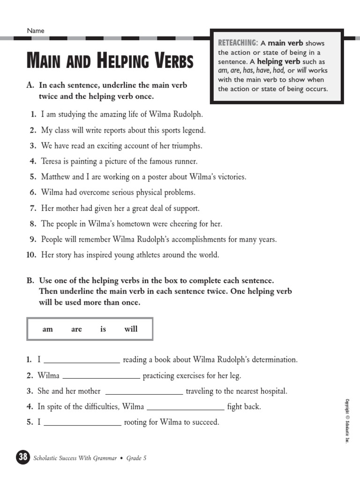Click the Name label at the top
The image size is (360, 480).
coord(36,30)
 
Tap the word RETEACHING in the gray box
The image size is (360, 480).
coord(238,43)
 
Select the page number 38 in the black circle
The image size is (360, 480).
coord(22,457)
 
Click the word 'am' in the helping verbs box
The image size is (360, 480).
coord(47,329)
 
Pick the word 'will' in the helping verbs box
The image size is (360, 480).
coord(131,329)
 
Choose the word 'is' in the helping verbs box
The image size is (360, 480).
coord(103,329)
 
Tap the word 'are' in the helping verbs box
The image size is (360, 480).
coord(76,329)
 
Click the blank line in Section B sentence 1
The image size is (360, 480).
coord(82,362)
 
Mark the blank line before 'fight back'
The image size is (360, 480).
coord(186,409)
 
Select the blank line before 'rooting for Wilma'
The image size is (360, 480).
coord(82,424)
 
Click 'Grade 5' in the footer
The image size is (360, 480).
coord(136,458)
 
